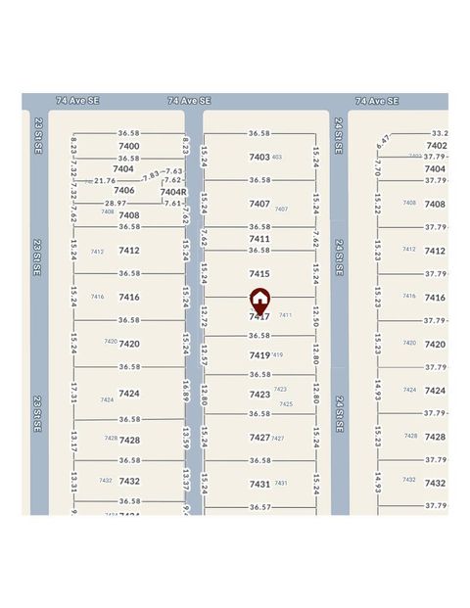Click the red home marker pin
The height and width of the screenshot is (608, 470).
[259, 301]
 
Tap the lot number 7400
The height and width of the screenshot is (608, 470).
[129, 146]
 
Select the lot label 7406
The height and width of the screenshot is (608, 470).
[124, 190]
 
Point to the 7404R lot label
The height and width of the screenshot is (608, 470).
[173, 192]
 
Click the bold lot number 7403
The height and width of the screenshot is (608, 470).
[258, 157]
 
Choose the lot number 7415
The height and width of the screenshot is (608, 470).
[259, 274]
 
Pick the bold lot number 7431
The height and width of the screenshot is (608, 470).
[259, 484]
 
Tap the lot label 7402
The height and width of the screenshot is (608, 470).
[436, 146]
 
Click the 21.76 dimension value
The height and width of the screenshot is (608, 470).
[104, 180]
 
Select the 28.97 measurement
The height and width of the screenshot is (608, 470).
[116, 203]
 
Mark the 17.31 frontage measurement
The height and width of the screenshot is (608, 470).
[73, 394]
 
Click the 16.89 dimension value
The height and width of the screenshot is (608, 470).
[185, 392]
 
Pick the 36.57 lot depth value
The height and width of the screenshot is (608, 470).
[259, 507]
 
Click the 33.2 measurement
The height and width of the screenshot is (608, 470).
[440, 133]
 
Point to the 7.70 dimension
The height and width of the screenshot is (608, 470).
[378, 177]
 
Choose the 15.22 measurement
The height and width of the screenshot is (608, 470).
[378, 205]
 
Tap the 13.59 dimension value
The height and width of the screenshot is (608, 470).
[185, 438]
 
